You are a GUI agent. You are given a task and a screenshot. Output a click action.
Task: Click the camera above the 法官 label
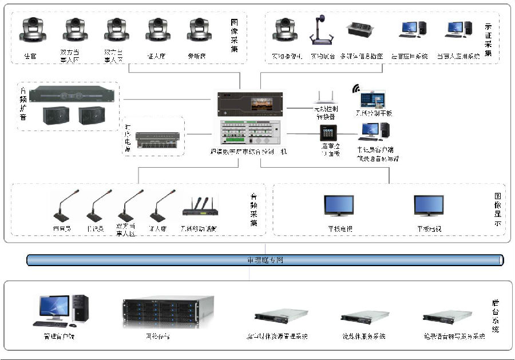click(x=33, y=31)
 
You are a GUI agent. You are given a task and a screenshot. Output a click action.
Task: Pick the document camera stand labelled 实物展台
click(x=321, y=31)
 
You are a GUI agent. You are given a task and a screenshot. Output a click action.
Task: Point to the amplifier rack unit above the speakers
click(x=69, y=93)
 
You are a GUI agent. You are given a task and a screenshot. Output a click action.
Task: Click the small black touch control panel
click(x=328, y=133)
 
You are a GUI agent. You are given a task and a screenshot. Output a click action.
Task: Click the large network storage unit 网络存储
click(x=168, y=312)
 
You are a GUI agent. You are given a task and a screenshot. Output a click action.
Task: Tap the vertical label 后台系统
click(x=496, y=316)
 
